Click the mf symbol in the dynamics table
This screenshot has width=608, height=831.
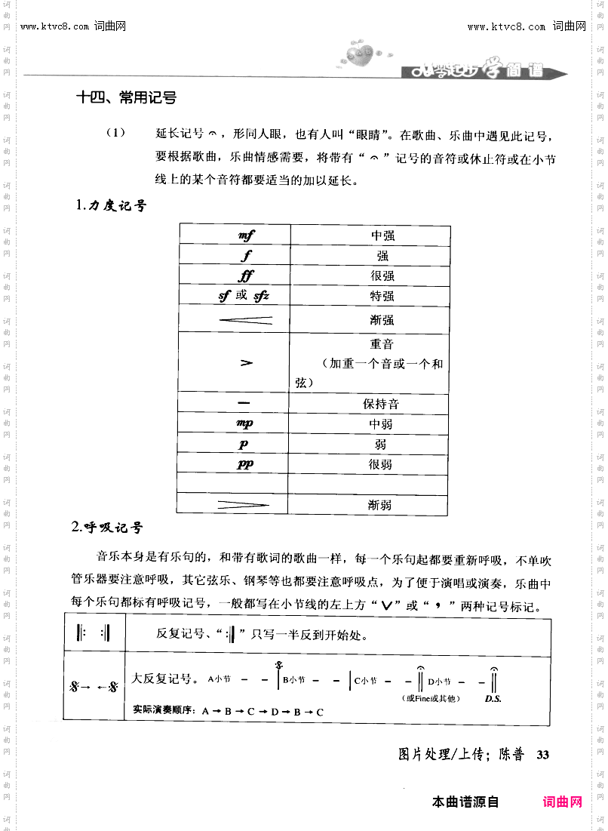(x=246, y=235)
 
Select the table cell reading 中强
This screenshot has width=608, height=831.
(x=382, y=235)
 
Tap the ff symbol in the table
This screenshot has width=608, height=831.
(x=246, y=275)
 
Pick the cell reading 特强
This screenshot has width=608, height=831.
(x=382, y=296)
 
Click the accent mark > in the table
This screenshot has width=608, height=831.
(x=246, y=363)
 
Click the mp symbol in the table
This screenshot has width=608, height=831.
(x=245, y=424)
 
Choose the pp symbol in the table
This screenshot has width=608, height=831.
(x=245, y=464)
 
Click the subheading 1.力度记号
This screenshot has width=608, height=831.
(x=112, y=205)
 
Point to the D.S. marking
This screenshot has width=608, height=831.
(x=493, y=699)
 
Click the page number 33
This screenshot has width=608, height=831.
(x=544, y=754)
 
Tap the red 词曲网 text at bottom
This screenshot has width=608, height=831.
(x=562, y=802)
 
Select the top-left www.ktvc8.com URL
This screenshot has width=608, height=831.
(x=56, y=27)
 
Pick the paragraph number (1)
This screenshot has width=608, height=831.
(x=115, y=134)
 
